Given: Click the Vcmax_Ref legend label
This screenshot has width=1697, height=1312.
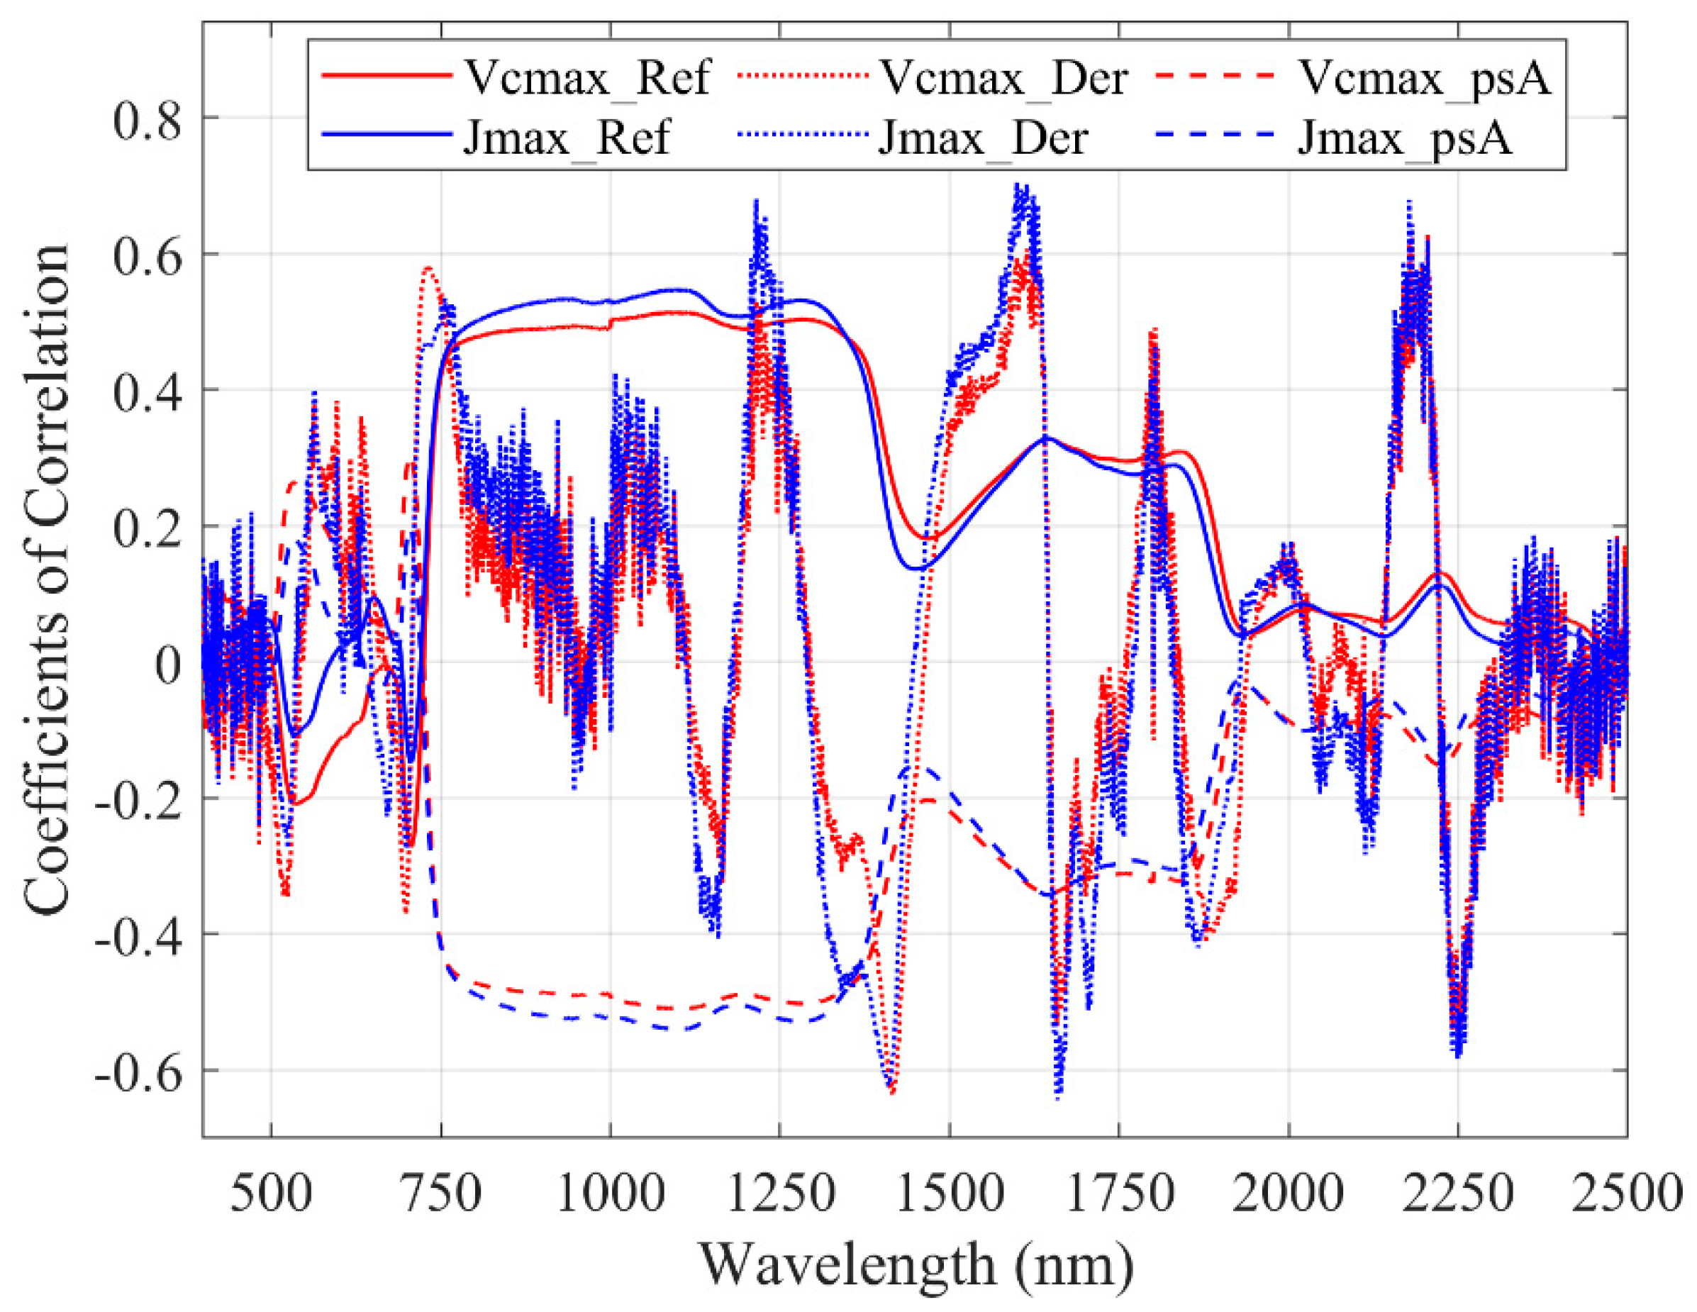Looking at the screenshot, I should [586, 78].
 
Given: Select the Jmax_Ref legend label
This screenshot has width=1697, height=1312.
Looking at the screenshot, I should [567, 138].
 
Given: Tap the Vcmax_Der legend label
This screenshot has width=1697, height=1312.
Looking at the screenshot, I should [1002, 78].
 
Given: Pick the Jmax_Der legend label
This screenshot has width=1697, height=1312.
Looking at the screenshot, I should [983, 138].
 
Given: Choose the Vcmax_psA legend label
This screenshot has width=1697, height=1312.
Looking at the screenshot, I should [1424, 78].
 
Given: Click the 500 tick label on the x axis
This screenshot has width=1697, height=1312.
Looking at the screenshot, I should [271, 1192].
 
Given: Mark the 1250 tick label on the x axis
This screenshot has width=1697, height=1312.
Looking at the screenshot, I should [779, 1192].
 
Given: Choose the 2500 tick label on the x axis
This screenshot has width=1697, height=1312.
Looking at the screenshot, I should [1627, 1192].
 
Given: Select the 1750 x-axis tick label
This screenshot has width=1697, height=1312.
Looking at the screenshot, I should [1119, 1192].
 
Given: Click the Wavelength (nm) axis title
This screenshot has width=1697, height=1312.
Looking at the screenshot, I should [917, 1265].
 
